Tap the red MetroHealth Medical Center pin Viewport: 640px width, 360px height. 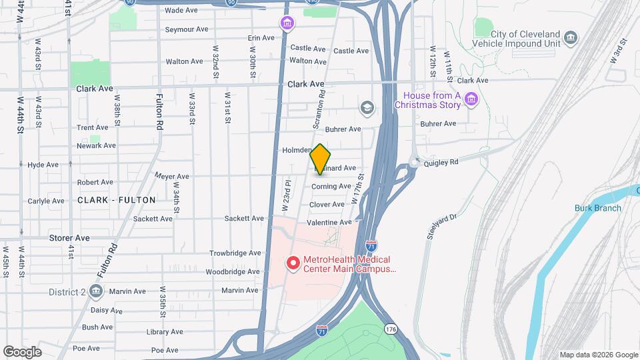click(x=292, y=263)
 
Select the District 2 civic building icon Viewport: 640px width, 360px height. click(x=95, y=291)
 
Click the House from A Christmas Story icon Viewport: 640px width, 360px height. click(x=471, y=100)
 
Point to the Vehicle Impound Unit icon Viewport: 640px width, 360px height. click(x=570, y=37)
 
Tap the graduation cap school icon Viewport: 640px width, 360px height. click(x=367, y=107)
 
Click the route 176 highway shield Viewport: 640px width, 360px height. click(x=391, y=329)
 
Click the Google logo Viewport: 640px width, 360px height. click(x=22, y=351)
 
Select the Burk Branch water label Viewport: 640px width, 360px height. click(x=598, y=208)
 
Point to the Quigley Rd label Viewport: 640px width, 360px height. click(x=441, y=162)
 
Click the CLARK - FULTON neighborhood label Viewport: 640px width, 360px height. click(x=117, y=200)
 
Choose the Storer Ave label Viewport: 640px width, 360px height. click(x=69, y=237)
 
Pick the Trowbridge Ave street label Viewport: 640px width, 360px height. click(x=235, y=253)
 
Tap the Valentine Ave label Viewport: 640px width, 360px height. click(x=329, y=222)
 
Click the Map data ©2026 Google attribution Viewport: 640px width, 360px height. click(x=598, y=355)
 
